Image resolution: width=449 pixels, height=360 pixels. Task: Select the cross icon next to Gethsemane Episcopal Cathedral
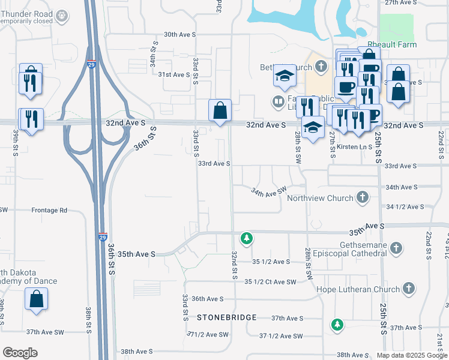click(396, 247)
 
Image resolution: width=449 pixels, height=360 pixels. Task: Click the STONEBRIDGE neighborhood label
click(226, 317)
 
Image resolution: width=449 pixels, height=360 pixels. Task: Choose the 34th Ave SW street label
click(268, 192)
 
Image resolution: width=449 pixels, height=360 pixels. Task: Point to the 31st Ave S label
click(173, 74)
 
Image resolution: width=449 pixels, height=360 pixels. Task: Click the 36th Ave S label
click(208, 299)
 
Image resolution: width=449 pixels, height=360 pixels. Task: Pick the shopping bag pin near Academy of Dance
click(36, 298)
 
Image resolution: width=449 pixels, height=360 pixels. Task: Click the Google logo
click(20, 353)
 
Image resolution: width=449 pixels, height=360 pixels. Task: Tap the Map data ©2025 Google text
click(411, 355)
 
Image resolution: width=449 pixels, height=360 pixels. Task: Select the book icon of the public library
click(278, 101)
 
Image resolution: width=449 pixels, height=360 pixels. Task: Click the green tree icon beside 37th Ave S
click(337, 325)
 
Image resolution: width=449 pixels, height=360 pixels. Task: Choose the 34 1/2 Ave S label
click(405, 206)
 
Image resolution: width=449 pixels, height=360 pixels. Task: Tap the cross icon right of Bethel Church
click(321, 65)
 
